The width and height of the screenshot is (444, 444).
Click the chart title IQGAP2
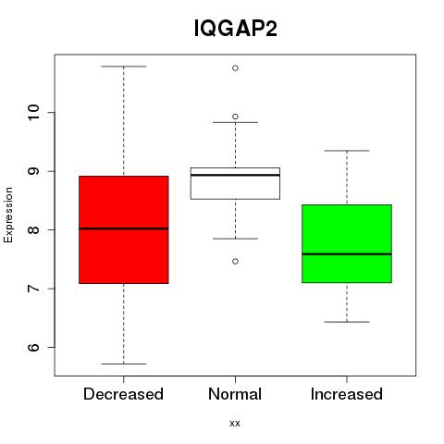tap(236, 29)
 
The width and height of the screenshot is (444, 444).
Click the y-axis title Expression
tap(8, 215)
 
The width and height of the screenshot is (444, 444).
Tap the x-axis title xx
tap(235, 423)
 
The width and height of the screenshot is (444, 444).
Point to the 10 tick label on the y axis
tap(33, 113)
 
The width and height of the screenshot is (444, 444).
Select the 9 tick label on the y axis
tap(33, 171)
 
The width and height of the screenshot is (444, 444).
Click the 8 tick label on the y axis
tap(33, 229)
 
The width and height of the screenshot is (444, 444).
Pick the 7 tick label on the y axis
tap(33, 289)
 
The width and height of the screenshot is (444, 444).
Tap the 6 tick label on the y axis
tap(33, 347)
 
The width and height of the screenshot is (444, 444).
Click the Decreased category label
tap(123, 394)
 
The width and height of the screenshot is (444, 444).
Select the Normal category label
tap(235, 394)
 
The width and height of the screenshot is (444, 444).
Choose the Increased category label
tap(347, 394)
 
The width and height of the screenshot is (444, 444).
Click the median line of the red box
tap(124, 228)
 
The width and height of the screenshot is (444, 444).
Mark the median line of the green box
tap(347, 254)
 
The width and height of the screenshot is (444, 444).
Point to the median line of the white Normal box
tap(235, 175)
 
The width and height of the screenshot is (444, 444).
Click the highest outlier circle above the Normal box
tap(235, 68)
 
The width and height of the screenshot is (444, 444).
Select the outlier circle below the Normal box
tap(235, 262)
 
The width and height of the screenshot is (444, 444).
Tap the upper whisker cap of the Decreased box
tap(124, 67)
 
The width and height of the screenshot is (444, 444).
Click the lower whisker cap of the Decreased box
tap(124, 364)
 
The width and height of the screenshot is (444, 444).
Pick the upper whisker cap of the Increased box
tap(347, 151)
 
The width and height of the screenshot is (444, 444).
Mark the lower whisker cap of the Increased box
tap(347, 322)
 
